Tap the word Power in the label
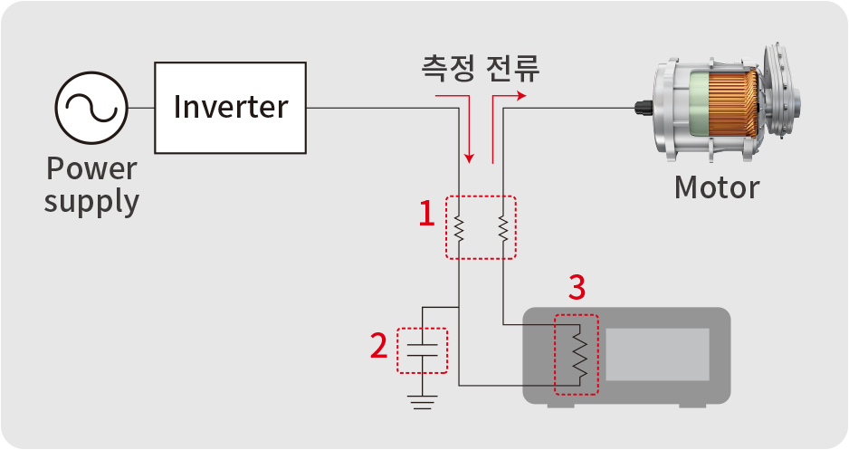[91, 168]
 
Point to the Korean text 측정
[448, 68]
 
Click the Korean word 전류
[512, 68]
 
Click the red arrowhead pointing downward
[470, 158]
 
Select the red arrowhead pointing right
[520, 96]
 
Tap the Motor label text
[716, 187]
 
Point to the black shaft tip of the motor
[643, 107]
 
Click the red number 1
[427, 213]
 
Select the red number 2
[379, 345]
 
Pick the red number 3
[577, 287]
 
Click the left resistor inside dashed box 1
[459, 228]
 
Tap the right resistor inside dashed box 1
[503, 228]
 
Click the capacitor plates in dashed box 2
[423, 349]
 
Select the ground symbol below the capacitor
[423, 402]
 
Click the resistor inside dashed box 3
[580, 354]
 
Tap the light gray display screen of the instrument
[657, 354]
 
